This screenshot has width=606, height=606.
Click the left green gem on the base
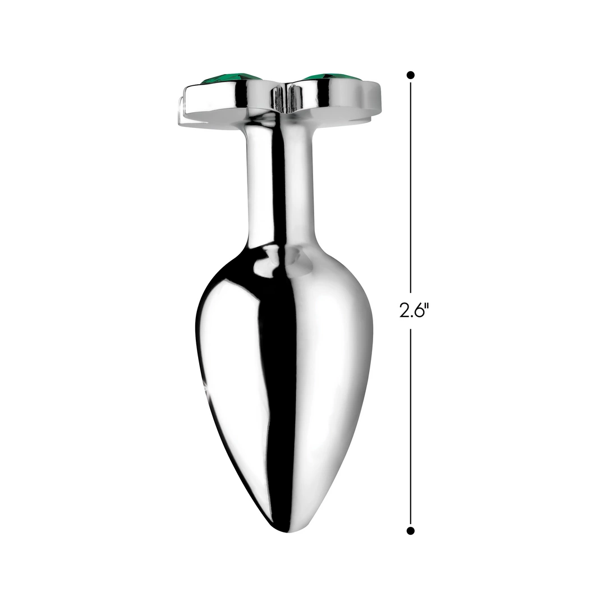[x=231, y=79]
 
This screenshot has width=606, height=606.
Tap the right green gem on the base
[x=332, y=78]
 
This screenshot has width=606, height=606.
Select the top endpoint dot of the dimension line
[x=411, y=75]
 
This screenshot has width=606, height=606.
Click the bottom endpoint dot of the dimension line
[x=411, y=531]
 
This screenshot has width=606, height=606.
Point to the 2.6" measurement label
[x=414, y=310]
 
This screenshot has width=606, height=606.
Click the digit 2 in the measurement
[x=405, y=310]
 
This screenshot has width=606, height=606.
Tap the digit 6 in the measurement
[x=419, y=310]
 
